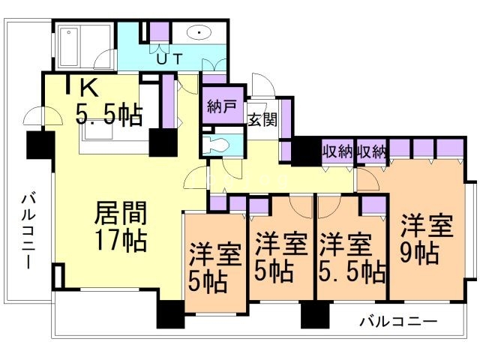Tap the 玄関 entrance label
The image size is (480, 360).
[262, 118]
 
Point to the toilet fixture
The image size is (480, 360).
[219, 144]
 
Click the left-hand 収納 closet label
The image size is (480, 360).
[337, 150]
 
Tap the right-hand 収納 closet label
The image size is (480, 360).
[371, 150]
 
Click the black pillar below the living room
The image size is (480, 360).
[169, 314]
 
